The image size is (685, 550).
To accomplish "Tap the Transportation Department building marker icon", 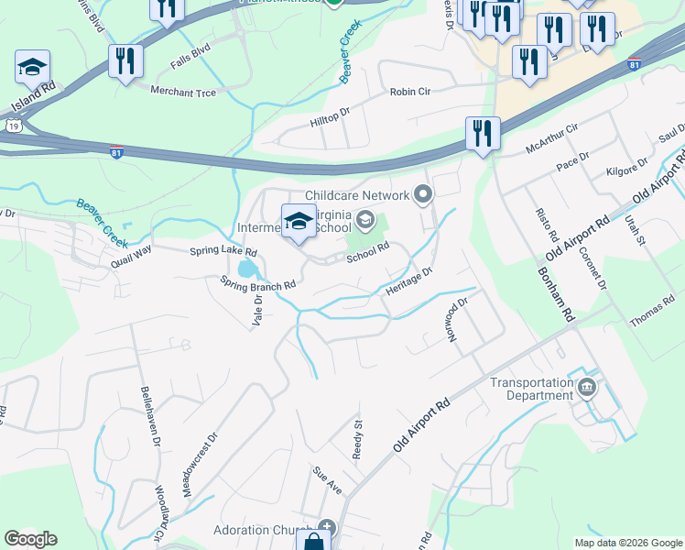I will (x=587, y=389).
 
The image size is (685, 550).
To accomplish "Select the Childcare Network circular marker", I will (x=422, y=194).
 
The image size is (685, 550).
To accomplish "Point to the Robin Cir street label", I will (x=409, y=92).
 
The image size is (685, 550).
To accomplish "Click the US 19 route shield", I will (x=13, y=126).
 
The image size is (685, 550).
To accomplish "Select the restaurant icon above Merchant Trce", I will (x=125, y=61).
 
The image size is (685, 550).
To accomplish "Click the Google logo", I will (x=30, y=539).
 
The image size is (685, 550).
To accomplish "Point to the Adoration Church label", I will (x=266, y=530).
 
